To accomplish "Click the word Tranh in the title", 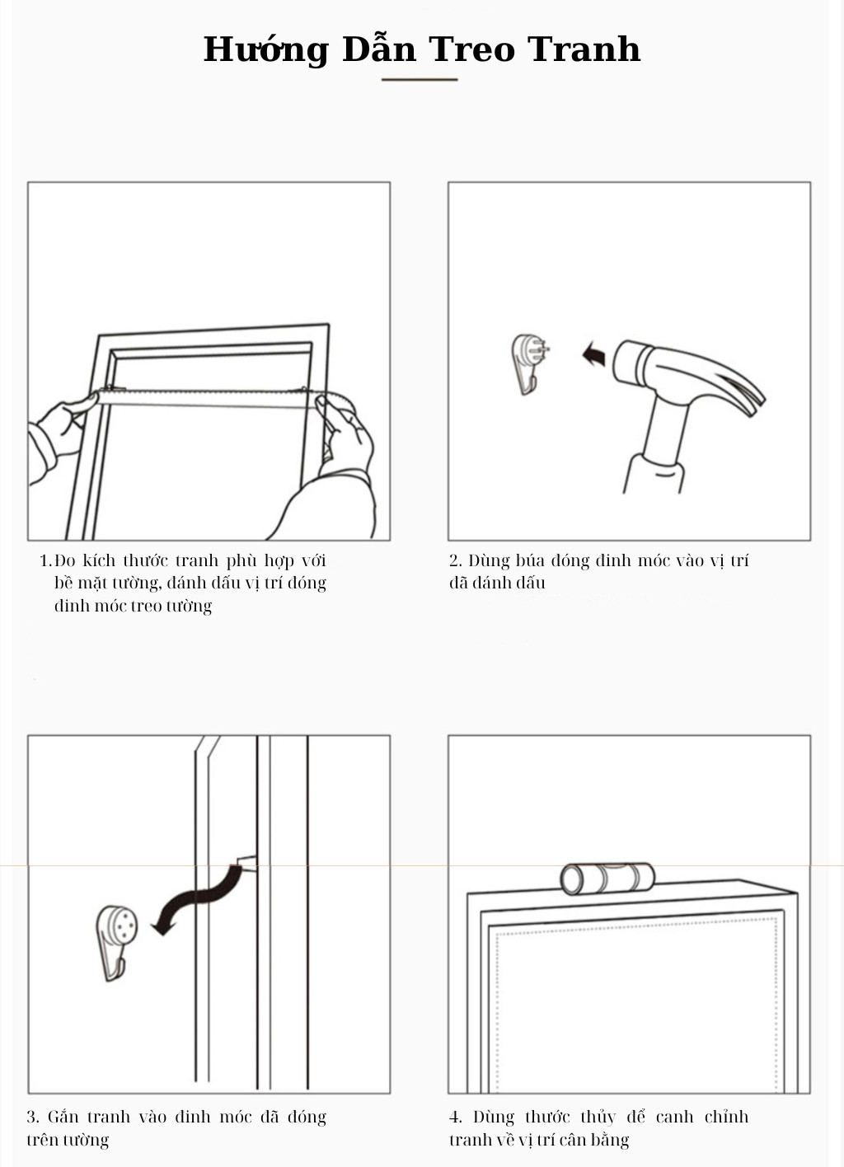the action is [584, 49].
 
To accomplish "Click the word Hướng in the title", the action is [265, 50].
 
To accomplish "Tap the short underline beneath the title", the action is [420, 80].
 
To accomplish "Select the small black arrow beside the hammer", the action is [594, 354].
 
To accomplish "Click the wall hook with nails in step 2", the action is [529, 363].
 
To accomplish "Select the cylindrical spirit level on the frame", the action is [607, 879].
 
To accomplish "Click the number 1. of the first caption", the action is [46, 561].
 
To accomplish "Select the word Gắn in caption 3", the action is [63, 1117].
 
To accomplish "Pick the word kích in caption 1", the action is [99, 560].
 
